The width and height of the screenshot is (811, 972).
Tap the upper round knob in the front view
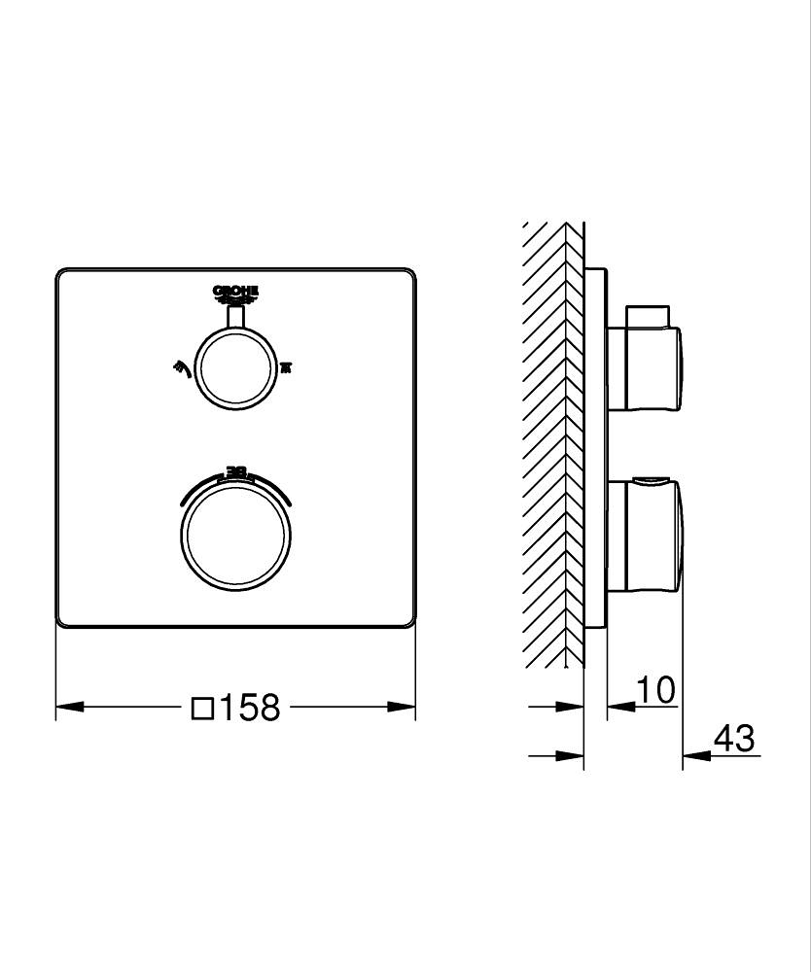point(235,368)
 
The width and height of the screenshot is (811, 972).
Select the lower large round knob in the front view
point(235,534)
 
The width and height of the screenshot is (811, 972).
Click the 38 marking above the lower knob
point(235,472)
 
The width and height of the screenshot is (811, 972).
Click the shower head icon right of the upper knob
point(286,367)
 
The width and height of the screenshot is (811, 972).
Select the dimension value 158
point(248,708)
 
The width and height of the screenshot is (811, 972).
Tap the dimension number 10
point(656,691)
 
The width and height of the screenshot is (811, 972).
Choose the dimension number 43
point(733,739)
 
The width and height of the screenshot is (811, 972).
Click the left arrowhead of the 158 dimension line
point(68,707)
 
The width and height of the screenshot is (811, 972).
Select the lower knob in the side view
point(646,534)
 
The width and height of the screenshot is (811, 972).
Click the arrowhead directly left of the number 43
point(695,754)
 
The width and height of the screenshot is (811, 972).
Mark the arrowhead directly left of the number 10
point(620,707)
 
